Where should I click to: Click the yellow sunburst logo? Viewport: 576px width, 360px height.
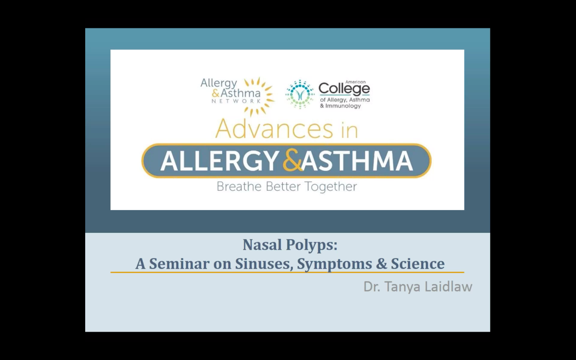[258, 96]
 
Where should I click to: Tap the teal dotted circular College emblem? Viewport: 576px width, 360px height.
[300, 94]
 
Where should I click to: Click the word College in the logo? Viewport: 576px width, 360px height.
[344, 89]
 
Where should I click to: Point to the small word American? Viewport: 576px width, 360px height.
[355, 82]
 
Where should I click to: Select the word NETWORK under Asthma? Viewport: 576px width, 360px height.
[236, 101]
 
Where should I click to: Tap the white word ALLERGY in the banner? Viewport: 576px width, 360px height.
[219, 161]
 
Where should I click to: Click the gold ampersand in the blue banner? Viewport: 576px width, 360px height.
[292, 160]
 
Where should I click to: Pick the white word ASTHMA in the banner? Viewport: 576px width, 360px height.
[357, 161]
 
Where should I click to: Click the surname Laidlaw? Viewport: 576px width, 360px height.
[448, 286]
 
